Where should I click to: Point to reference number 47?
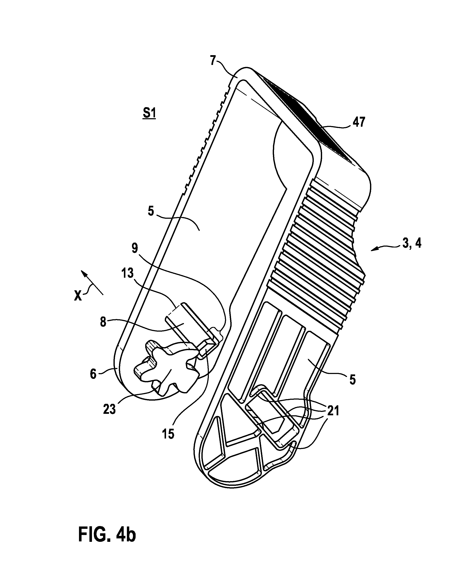(x=359, y=122)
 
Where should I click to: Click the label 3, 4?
(x=411, y=244)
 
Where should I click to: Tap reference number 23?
(x=109, y=409)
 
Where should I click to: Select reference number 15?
(x=168, y=434)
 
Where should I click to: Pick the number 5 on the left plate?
(x=151, y=211)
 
